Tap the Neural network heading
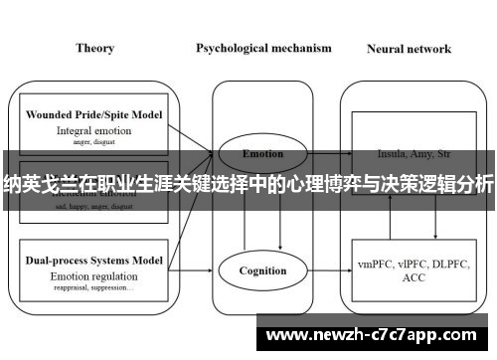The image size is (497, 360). pyautogui.click(x=409, y=48)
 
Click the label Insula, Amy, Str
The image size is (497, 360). pyautogui.click(x=410, y=154)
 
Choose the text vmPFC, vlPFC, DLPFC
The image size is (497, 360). pyautogui.click(x=410, y=265)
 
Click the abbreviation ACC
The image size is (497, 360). pyautogui.click(x=410, y=279)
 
